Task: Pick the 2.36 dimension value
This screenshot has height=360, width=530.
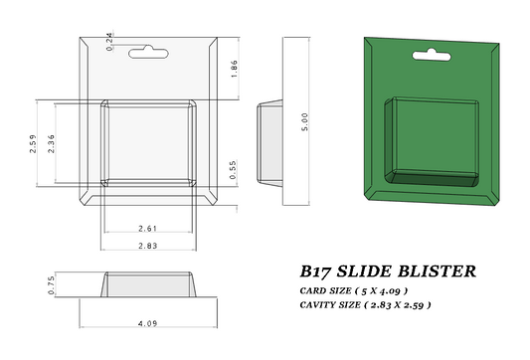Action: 51,143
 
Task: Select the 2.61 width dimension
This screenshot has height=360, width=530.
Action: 148,229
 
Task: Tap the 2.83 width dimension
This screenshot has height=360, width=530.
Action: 148,245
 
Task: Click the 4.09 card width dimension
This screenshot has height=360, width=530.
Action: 148,323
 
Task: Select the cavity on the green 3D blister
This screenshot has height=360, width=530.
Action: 436,139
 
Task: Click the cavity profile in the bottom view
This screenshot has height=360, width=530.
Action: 148,284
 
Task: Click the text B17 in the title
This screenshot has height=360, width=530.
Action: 317,270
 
